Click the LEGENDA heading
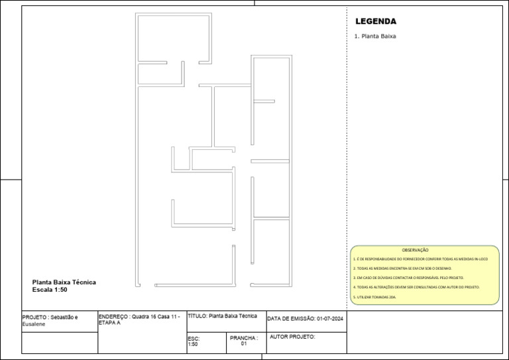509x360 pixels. pos(376,21)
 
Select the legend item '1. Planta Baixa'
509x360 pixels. pos(375,36)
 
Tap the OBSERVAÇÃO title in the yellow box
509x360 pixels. pos(415,250)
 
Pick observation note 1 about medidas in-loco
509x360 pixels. pos(420,259)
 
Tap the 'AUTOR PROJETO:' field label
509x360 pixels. pos(292,337)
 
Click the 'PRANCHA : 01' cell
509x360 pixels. pos(243,341)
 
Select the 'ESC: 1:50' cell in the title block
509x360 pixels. pos(194,341)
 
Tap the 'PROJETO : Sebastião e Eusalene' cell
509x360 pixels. pos(50,321)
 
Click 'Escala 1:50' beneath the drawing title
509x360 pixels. pos(50,290)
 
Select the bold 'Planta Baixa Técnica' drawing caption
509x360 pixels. pos(64,282)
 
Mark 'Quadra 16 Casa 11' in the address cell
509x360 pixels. pos(156,317)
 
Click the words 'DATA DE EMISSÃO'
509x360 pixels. pos(291,320)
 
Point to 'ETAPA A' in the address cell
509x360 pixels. pos(109,323)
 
